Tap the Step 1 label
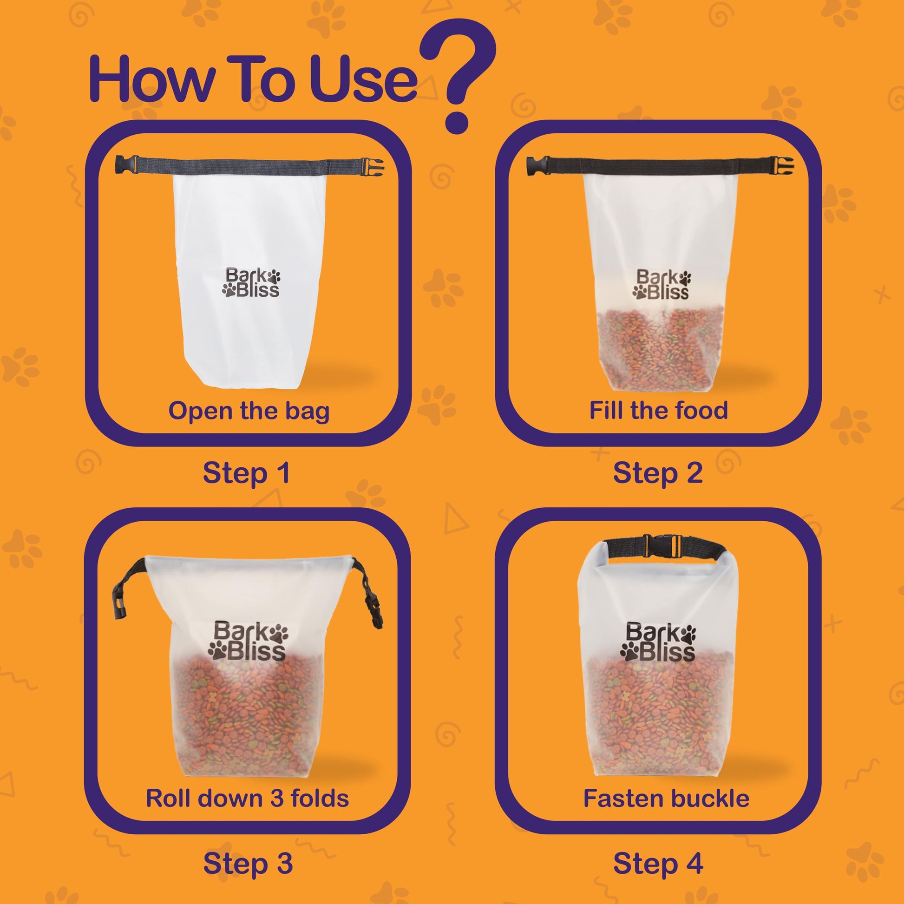point(247,473)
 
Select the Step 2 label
point(657,473)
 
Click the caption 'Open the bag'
point(249,411)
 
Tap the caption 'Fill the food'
point(658,410)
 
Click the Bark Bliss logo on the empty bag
point(251,282)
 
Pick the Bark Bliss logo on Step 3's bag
point(249,641)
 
